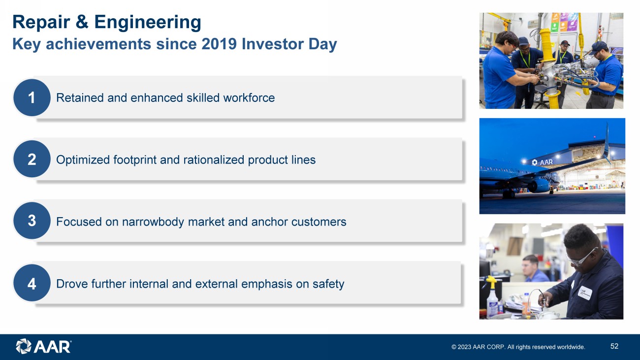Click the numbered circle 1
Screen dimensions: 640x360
coord(32,98)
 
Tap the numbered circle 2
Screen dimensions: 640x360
coord(32,159)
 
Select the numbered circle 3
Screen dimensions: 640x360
coord(32,221)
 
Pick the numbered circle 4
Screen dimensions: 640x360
coord(32,283)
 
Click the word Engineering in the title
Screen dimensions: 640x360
coord(148,23)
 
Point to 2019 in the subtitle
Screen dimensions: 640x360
coord(219,44)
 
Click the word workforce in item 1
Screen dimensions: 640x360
coord(249,98)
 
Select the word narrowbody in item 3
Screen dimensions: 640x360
coord(153,222)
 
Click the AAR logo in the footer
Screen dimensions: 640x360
coord(43,347)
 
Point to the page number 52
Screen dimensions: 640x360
coord(614,346)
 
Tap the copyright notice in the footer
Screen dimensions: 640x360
coord(518,347)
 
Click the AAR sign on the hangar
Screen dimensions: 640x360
coord(543,163)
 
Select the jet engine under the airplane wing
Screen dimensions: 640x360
coord(539,185)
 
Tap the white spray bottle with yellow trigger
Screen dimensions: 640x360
coord(492,297)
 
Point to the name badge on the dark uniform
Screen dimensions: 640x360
coord(584,293)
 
